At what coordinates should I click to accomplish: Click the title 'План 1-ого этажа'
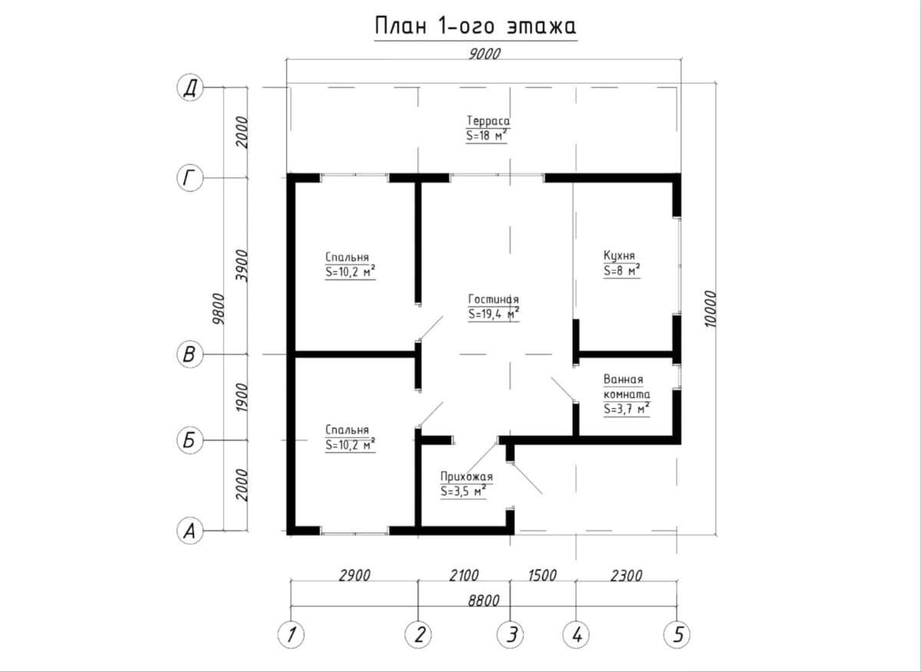[475, 26]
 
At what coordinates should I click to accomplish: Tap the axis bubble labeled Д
[190, 88]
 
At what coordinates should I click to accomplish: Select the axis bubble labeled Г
[190, 179]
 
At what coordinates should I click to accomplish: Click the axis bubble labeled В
[190, 354]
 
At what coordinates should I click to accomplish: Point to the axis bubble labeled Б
[190, 440]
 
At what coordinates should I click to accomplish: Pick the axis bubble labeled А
[190, 531]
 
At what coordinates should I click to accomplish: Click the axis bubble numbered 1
[291, 635]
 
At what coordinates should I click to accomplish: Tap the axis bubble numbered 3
[510, 635]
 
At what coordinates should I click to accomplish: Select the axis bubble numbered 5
[677, 635]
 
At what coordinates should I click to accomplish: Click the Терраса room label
[488, 121]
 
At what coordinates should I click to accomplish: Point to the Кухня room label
[619, 255]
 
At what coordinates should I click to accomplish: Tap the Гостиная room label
[494, 299]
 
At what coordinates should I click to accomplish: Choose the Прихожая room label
[467, 476]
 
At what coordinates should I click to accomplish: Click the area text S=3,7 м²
[626, 409]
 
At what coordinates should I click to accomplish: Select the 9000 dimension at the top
[484, 54]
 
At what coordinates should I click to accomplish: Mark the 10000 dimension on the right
[710, 309]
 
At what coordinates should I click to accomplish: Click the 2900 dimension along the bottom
[354, 576]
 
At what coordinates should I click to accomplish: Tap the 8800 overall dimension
[484, 601]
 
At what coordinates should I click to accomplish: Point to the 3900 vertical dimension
[243, 265]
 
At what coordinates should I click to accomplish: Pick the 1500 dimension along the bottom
[543, 576]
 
